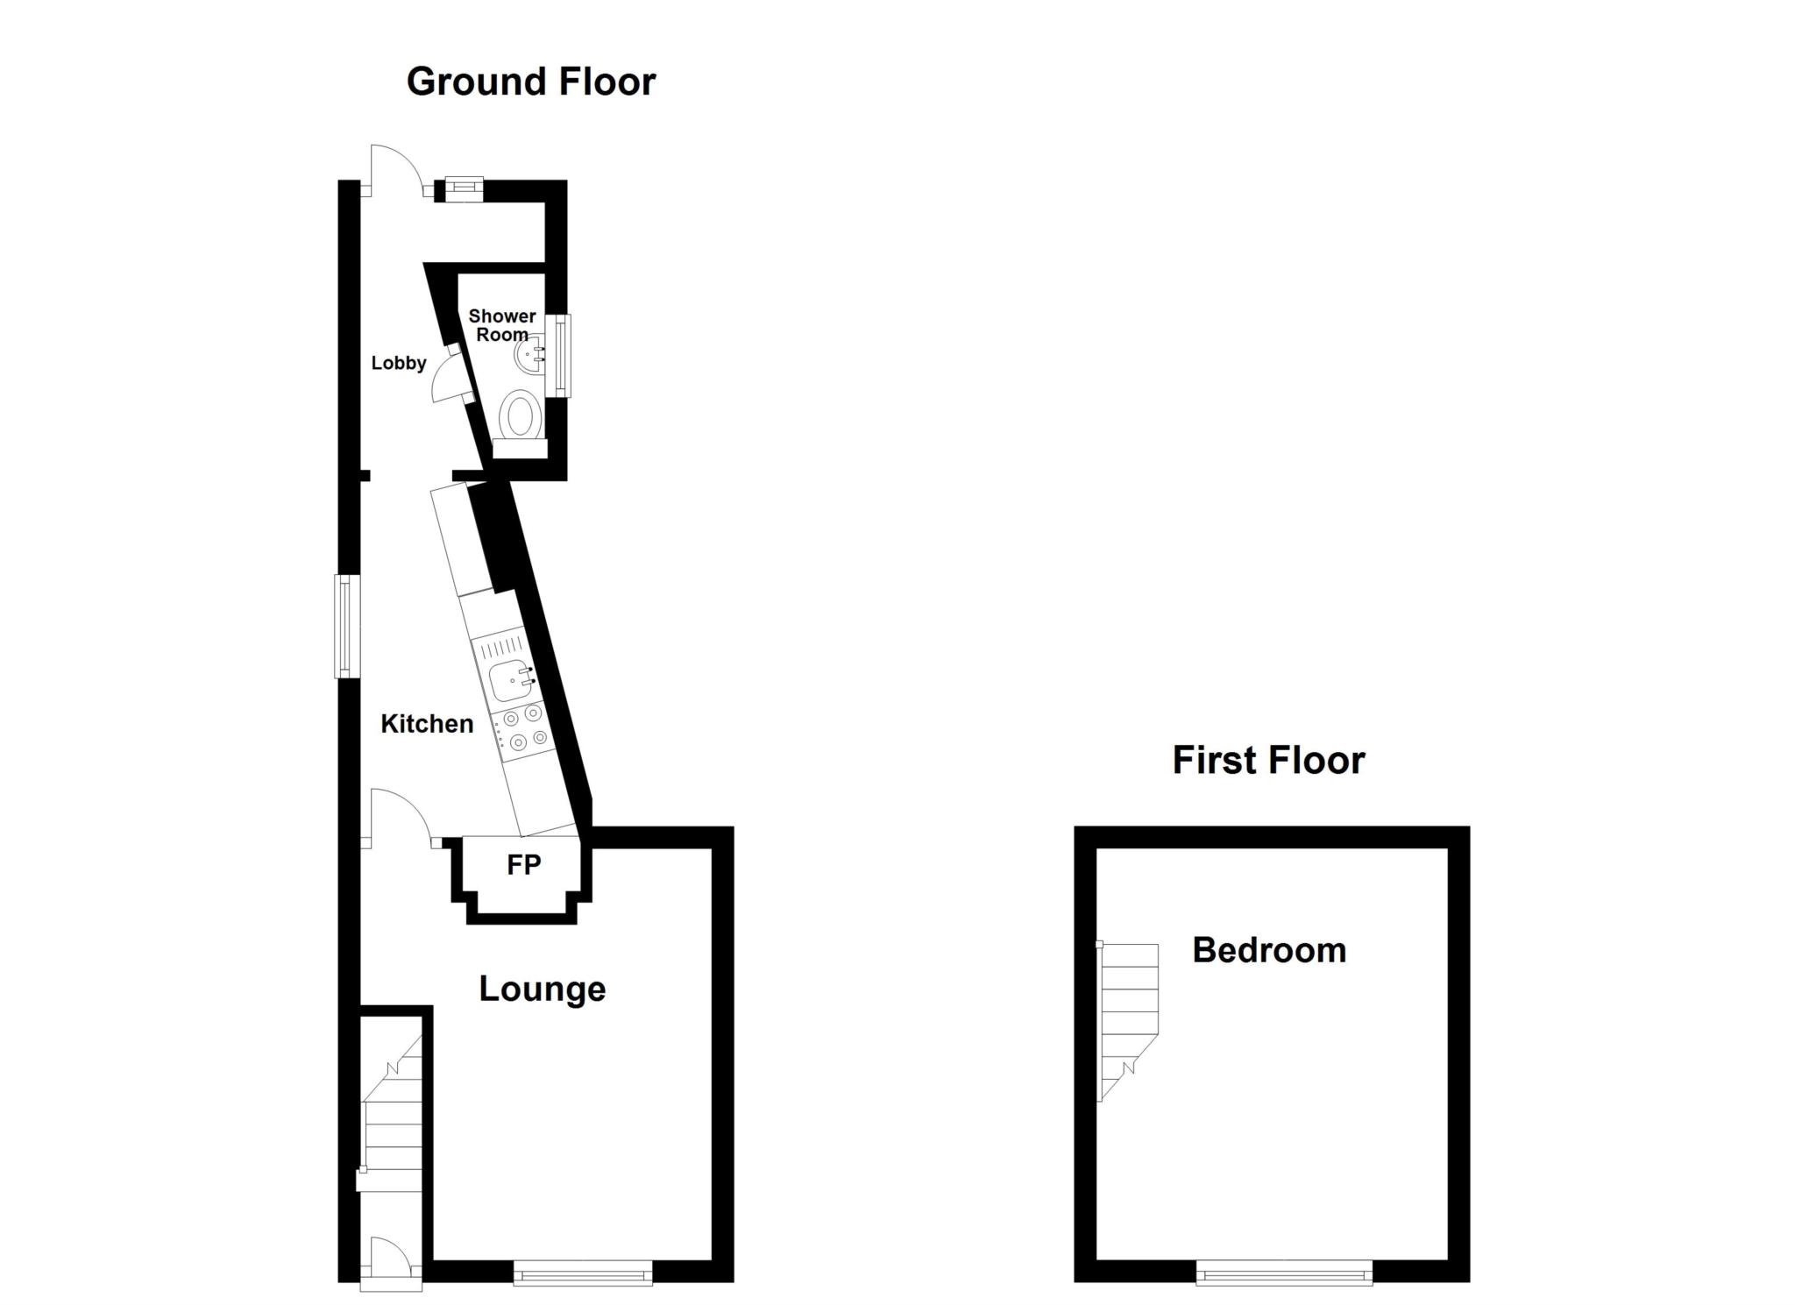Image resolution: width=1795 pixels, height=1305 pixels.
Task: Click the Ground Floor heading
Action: click(x=530, y=82)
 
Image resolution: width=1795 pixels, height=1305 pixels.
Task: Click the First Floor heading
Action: click(x=1267, y=760)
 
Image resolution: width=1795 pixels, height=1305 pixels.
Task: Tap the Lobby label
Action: click(x=399, y=363)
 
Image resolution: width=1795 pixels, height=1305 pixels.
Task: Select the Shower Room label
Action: click(x=502, y=325)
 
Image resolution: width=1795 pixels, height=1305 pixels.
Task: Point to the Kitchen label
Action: click(x=427, y=724)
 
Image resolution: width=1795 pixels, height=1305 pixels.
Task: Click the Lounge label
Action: click(x=542, y=989)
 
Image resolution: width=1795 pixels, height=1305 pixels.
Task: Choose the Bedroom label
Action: click(x=1269, y=950)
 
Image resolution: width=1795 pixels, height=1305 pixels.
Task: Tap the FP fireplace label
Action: click(x=523, y=865)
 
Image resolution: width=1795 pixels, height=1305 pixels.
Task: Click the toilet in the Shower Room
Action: click(x=521, y=415)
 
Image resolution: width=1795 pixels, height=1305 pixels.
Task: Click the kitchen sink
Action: click(x=512, y=680)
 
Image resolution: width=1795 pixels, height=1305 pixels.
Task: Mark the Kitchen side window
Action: click(x=348, y=626)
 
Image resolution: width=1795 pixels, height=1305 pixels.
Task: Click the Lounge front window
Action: click(x=583, y=1272)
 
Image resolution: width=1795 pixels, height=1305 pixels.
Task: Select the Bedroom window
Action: click(x=1284, y=1272)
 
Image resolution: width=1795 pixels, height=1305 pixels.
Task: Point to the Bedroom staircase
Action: click(x=1129, y=1017)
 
